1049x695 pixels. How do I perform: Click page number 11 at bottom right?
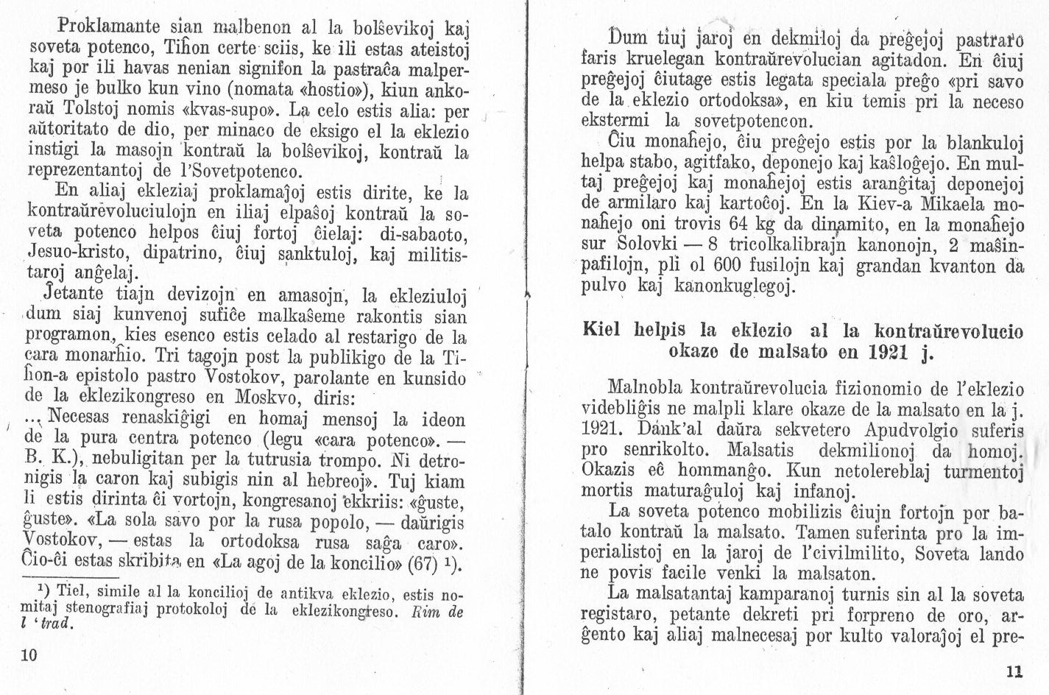(1013, 671)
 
